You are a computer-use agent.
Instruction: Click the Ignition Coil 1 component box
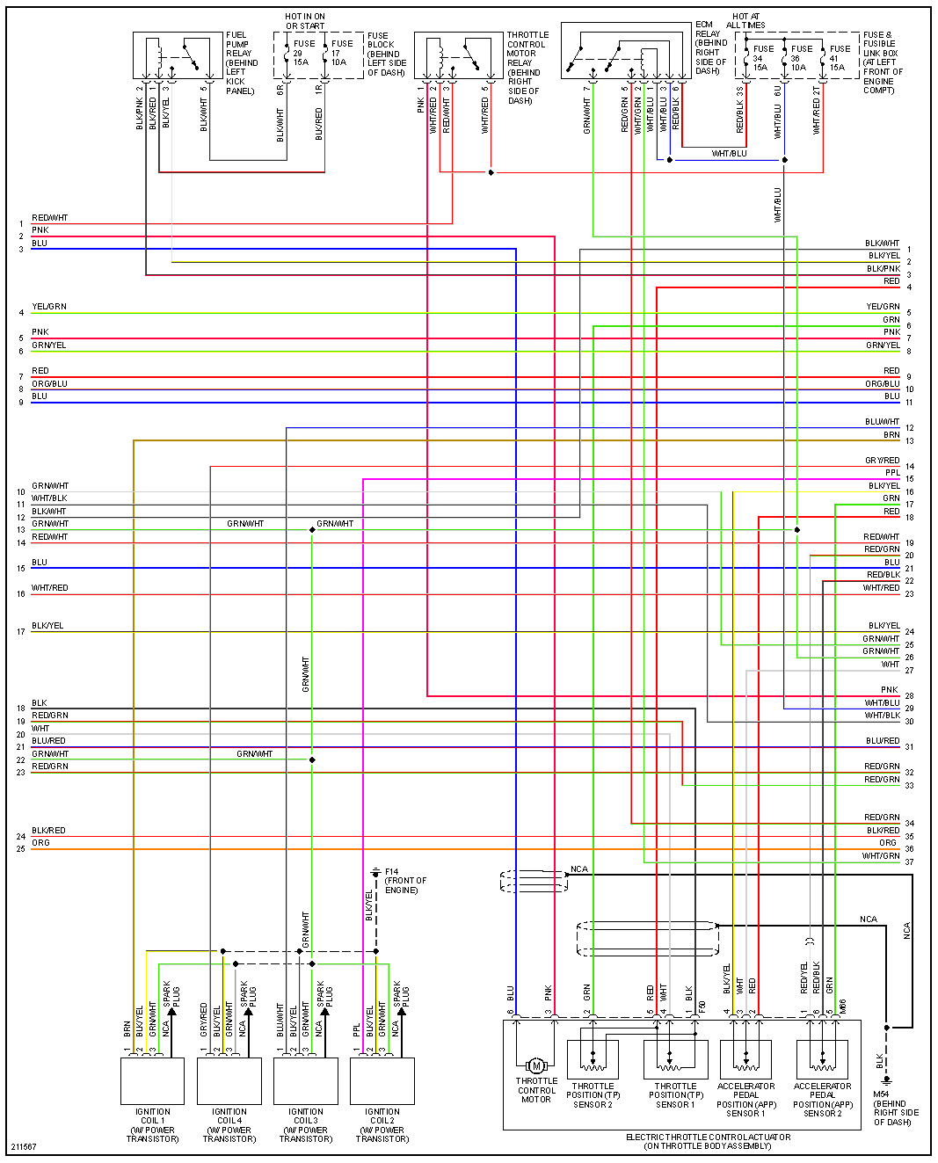152,1080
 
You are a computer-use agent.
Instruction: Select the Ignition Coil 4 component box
229,1080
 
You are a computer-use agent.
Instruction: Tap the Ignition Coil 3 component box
305,1080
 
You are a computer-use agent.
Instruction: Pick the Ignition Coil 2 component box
382,1080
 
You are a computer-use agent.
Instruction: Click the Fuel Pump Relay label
241,62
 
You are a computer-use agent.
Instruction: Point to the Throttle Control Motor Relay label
527,68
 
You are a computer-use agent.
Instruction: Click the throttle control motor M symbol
536,1065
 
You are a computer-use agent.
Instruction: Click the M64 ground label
896,1108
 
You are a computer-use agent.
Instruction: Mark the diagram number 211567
24,1146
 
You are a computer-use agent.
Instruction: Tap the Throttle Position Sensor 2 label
593,1095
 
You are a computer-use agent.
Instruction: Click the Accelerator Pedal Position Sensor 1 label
746,1100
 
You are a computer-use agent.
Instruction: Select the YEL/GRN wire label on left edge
49,307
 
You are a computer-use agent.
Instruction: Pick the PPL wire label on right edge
892,473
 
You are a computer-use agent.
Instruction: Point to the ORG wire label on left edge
40,843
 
